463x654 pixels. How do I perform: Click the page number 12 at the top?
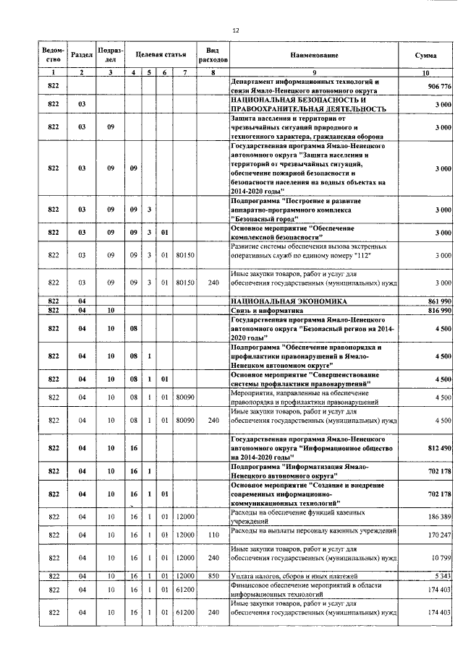(x=235, y=30)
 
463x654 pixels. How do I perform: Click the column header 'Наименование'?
(x=315, y=55)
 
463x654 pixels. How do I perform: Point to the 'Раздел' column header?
(x=82, y=55)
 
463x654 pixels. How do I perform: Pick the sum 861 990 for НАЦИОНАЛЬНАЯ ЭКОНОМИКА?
(x=439, y=300)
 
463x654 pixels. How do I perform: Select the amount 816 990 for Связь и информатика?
(x=439, y=310)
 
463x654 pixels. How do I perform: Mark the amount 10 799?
(x=441, y=558)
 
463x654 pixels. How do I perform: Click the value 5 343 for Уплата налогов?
(x=442, y=576)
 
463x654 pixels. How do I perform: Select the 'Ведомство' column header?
(x=52, y=55)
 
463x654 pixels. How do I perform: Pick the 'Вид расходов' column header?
(x=213, y=55)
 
